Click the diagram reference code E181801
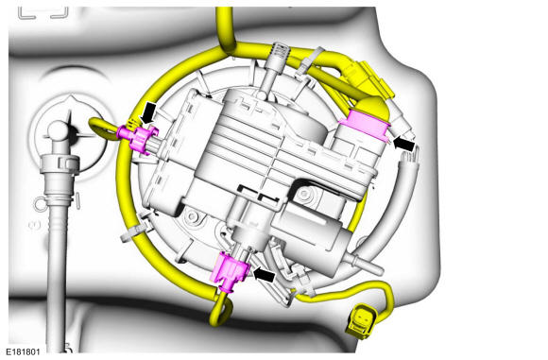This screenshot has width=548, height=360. (23, 351)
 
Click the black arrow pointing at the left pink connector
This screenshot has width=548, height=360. (147, 112)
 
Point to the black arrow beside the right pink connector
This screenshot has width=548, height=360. (404, 144)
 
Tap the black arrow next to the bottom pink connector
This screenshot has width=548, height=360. (264, 274)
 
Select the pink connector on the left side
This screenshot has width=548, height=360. (137, 138)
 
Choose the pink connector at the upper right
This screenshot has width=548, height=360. (365, 125)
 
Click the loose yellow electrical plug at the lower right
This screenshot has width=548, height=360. (361, 321)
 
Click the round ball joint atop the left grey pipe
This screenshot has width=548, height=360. (58, 131)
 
